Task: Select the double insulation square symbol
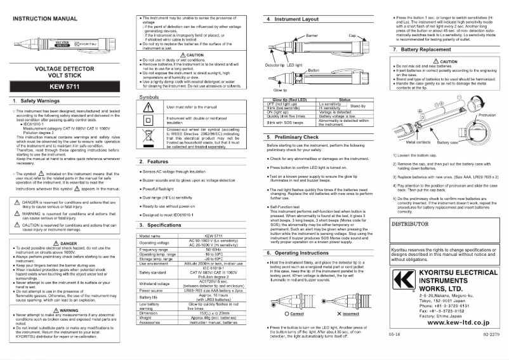point(149,120)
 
